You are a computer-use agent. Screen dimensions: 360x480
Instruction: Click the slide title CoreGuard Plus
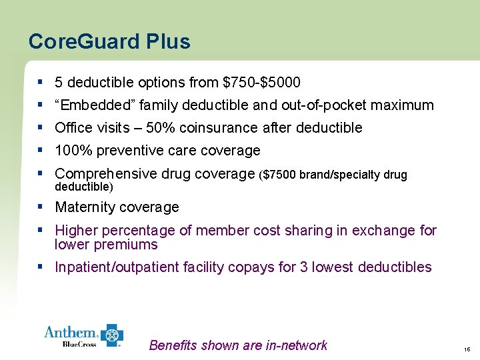(x=109, y=42)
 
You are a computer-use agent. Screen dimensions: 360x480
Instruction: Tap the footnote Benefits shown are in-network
(x=238, y=345)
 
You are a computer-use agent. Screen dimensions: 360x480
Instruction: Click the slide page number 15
(x=466, y=348)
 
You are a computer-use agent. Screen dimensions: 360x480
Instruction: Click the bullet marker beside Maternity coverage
(x=41, y=207)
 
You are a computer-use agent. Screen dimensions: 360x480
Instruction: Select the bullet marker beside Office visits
(x=41, y=127)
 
